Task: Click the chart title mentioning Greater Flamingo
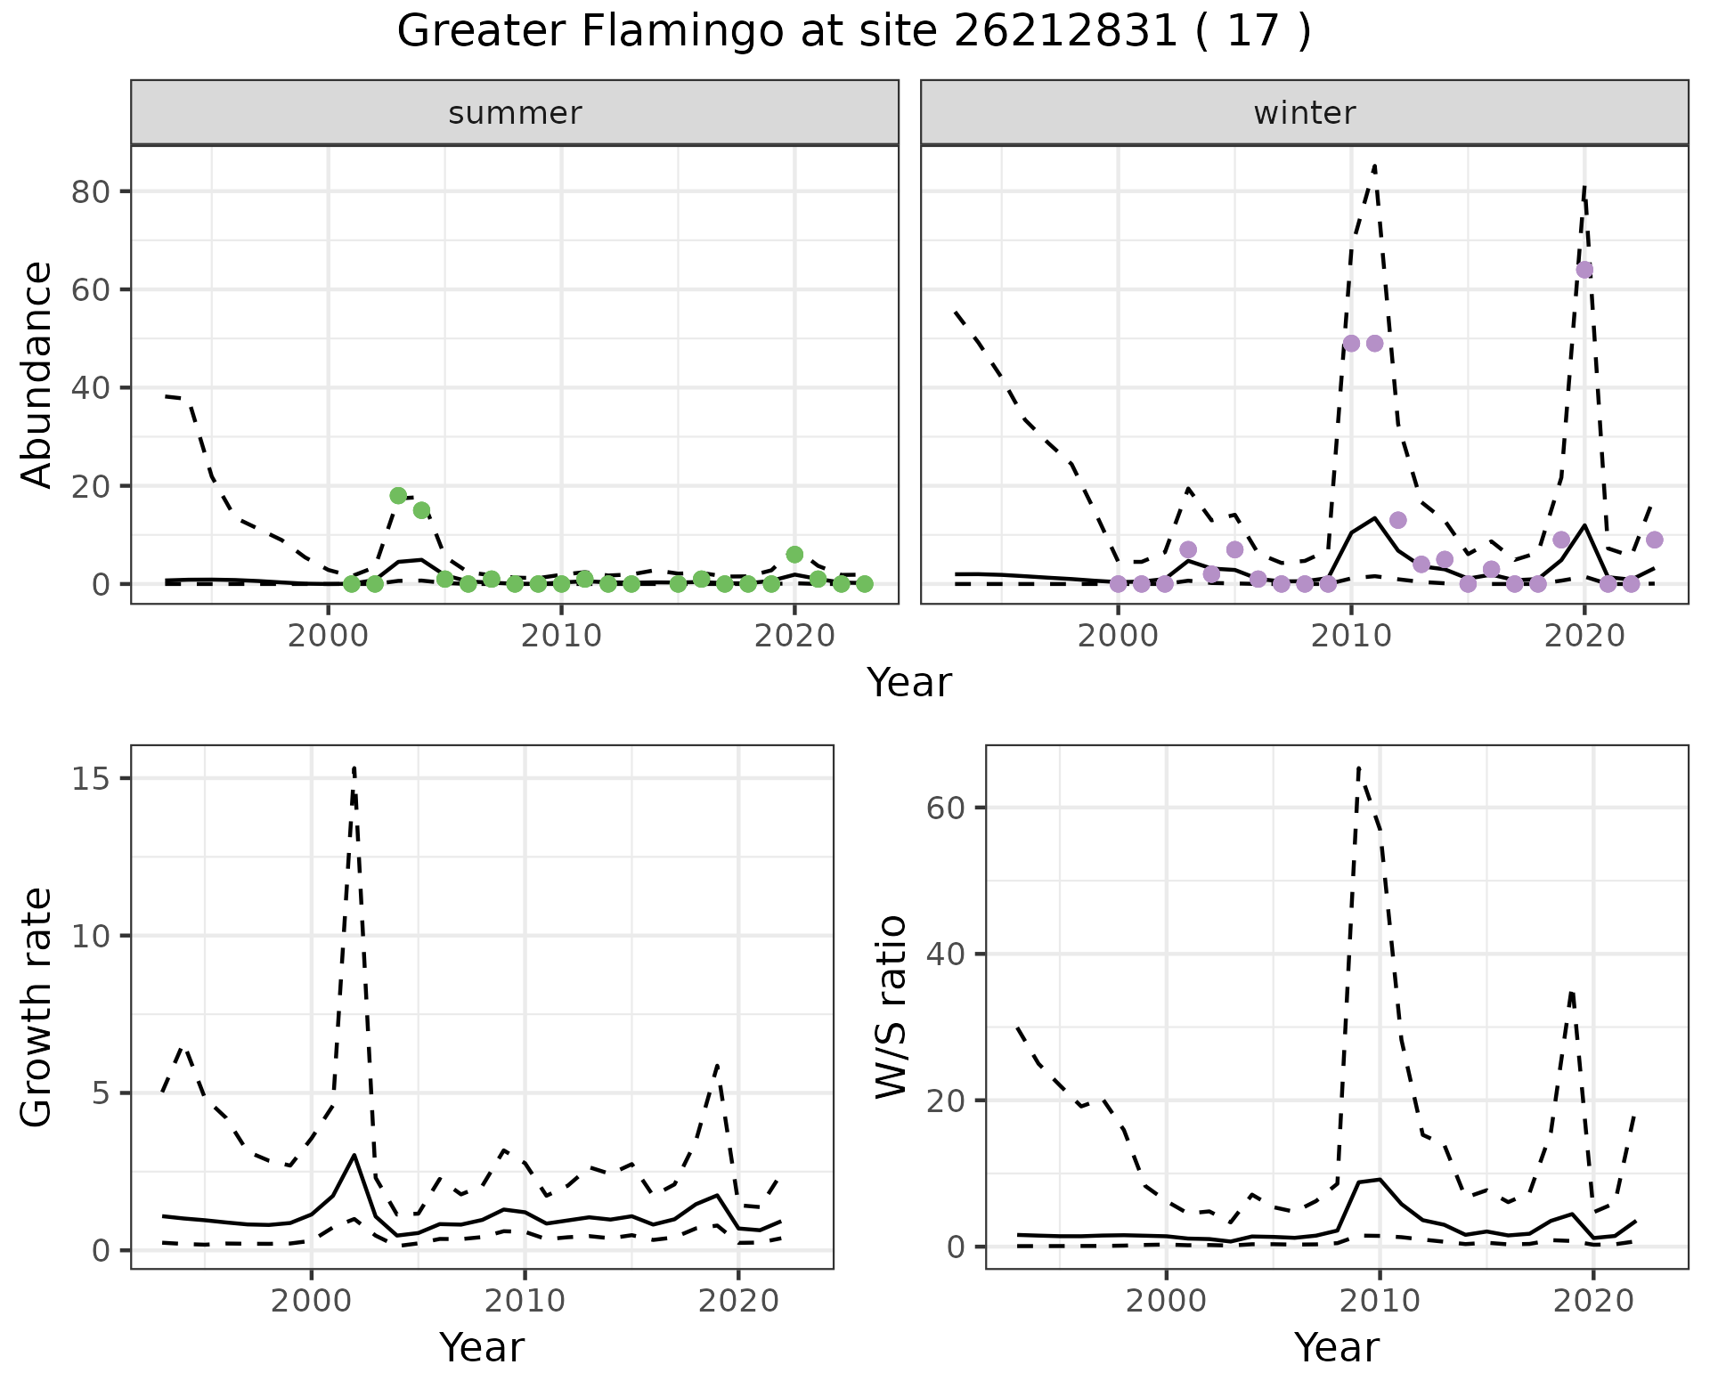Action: pyautogui.click(x=853, y=32)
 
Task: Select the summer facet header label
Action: pyautogui.click(x=515, y=113)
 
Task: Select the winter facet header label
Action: pyautogui.click(x=1304, y=113)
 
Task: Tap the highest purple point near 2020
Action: pyautogui.click(x=1584, y=270)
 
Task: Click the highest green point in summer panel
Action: pyautogui.click(x=398, y=495)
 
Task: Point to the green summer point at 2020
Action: pyautogui.click(x=794, y=554)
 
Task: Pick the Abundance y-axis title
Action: pyautogui.click(x=37, y=374)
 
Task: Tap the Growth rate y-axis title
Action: pyautogui.click(x=37, y=1006)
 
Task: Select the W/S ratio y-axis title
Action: pyautogui.click(x=892, y=1006)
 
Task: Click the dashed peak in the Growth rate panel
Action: pyautogui.click(x=354, y=768)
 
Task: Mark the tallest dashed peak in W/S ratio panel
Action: pyautogui.click(x=1358, y=768)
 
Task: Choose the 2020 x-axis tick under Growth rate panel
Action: pyautogui.click(x=738, y=1301)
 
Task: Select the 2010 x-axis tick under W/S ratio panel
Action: pyautogui.click(x=1380, y=1301)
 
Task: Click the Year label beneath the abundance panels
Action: pyautogui.click(x=908, y=683)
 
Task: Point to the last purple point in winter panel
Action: pyautogui.click(x=1654, y=540)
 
